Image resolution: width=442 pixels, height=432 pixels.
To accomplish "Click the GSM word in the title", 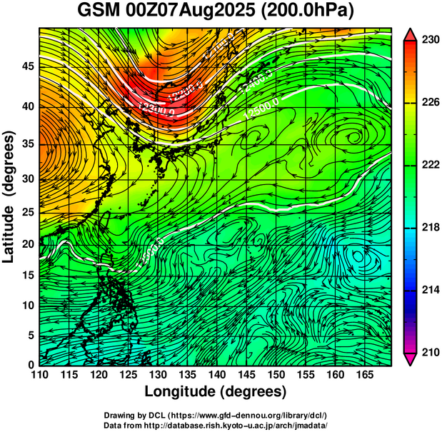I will (99, 11).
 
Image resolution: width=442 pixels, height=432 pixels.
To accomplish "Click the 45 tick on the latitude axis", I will (27, 66).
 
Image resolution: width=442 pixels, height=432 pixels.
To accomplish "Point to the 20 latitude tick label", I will (27, 244).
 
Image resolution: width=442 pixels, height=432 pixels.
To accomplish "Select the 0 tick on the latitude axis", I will (31, 365).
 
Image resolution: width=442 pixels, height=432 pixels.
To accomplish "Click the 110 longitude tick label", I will (39, 374).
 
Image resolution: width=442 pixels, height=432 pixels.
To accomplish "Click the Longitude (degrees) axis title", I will (216, 391).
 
